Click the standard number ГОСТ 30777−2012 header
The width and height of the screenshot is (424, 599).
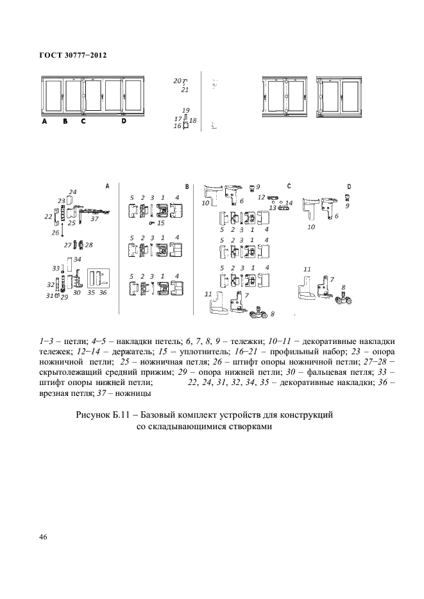point(72,55)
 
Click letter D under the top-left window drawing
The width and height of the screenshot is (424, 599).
point(124,120)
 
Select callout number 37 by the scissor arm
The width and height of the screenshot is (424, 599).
point(94,219)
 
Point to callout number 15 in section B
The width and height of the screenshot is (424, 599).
point(160,223)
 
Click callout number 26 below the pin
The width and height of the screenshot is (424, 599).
point(56,233)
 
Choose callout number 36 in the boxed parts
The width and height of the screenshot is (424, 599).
point(103,292)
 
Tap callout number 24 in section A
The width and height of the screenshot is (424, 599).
point(72,192)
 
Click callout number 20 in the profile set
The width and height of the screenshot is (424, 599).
point(177,81)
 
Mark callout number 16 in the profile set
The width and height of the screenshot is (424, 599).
point(177,126)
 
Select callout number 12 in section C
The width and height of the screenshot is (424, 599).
point(262,197)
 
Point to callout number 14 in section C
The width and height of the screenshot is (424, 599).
point(289,203)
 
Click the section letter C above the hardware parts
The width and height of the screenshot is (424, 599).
point(289,186)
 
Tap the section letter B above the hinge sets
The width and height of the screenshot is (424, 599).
point(187,186)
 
